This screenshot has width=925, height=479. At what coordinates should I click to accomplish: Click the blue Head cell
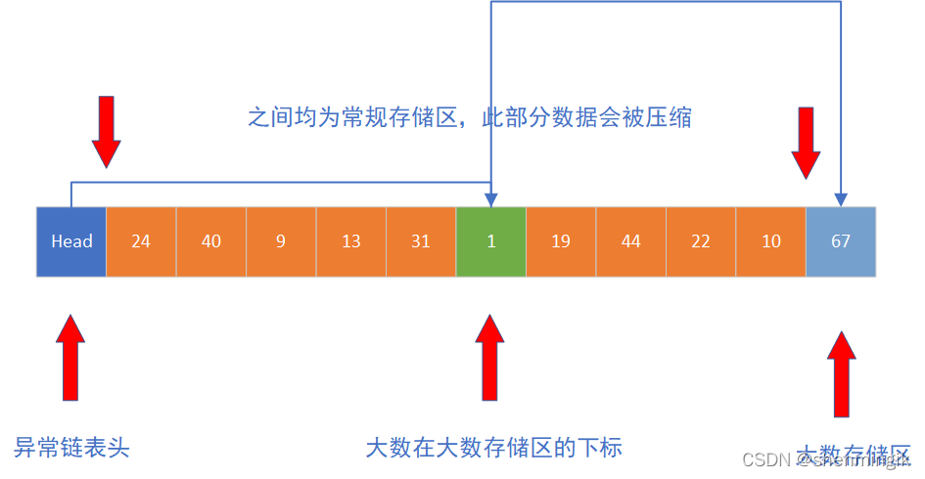click(x=71, y=241)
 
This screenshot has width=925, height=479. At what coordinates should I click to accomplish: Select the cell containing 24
click(x=141, y=241)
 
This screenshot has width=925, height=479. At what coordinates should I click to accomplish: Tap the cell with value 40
click(x=211, y=241)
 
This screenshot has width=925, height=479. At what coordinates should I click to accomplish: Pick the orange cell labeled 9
click(x=281, y=241)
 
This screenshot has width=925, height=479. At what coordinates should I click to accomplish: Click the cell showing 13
click(x=351, y=241)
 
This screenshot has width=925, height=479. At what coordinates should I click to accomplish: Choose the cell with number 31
click(x=421, y=241)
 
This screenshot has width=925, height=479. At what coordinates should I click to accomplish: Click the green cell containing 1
click(x=491, y=241)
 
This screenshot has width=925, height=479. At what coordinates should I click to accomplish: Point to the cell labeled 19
click(x=561, y=241)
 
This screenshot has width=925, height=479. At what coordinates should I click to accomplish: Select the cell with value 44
click(x=631, y=241)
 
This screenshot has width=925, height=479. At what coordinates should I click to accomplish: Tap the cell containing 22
click(x=701, y=241)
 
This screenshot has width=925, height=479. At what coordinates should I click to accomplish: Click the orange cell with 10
click(x=771, y=241)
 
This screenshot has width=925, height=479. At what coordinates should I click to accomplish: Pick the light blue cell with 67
click(x=841, y=241)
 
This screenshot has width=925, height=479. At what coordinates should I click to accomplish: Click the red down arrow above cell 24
click(x=106, y=131)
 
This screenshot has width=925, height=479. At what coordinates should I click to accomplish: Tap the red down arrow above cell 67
click(x=807, y=142)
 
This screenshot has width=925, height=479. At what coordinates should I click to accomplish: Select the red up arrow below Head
click(x=70, y=357)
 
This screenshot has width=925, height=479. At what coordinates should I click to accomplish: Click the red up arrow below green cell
click(x=490, y=357)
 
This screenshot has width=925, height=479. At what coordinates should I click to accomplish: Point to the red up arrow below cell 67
click(x=841, y=372)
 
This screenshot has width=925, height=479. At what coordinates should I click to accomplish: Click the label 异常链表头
click(x=71, y=448)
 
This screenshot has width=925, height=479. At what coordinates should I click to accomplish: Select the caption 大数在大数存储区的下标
click(x=493, y=448)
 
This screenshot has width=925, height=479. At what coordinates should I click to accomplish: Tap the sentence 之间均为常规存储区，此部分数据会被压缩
click(x=470, y=118)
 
